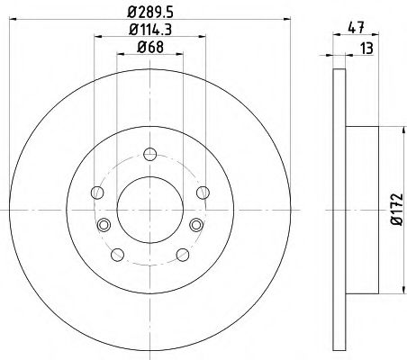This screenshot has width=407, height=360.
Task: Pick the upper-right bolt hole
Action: tap(202, 191)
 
